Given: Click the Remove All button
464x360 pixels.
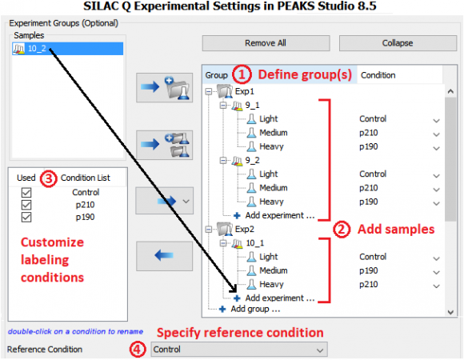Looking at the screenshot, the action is coord(266,43).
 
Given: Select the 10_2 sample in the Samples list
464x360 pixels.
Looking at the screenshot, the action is coord(37,49).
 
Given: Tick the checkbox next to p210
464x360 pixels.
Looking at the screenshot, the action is coord(26,205).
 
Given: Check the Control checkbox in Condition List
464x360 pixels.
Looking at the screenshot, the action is coord(26,193).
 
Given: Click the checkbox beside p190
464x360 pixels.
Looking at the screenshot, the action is coord(26,217).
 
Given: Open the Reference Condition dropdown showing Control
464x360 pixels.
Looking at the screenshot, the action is coord(239,350).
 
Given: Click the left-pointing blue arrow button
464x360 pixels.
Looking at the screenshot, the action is coord(164,256).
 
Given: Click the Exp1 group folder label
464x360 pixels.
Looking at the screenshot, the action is coord(245,91).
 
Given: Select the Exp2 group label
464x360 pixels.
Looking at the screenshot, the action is coord(245,230).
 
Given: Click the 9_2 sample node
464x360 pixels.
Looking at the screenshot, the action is coord(253,160).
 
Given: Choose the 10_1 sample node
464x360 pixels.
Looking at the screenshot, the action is coord(255,243).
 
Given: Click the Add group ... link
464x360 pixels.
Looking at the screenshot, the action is coord(255,309).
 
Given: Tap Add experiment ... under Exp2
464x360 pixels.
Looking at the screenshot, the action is coord(280,298).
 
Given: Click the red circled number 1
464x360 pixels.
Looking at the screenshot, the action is coord(242,74).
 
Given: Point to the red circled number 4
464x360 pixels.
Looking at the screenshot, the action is coord(138,350).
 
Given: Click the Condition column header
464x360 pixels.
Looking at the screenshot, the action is coord(378,75).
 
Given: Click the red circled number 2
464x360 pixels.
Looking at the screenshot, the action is coord(342,230).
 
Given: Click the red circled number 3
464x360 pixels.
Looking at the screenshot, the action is coord(49,178).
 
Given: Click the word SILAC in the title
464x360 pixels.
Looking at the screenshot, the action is coord(102,6).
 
